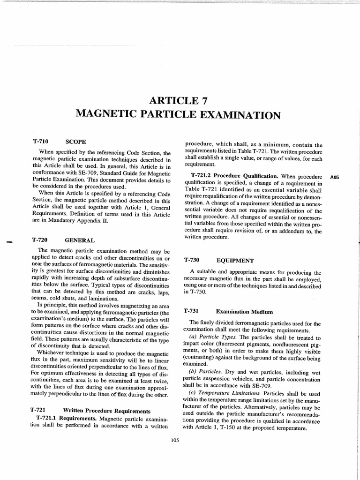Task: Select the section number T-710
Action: click(x=41, y=141)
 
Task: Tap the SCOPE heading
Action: click(x=75, y=141)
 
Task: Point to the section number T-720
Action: click(x=41, y=240)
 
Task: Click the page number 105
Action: click(x=175, y=440)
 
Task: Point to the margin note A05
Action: click(x=334, y=178)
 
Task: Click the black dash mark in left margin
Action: click(x=8, y=242)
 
